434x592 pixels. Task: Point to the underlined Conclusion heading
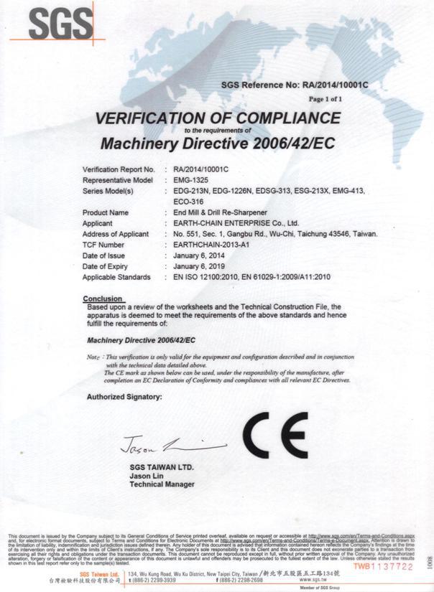[x=103, y=298]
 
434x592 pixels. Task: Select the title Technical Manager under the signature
[x=162, y=485]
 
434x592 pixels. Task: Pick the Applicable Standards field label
[x=116, y=276]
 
